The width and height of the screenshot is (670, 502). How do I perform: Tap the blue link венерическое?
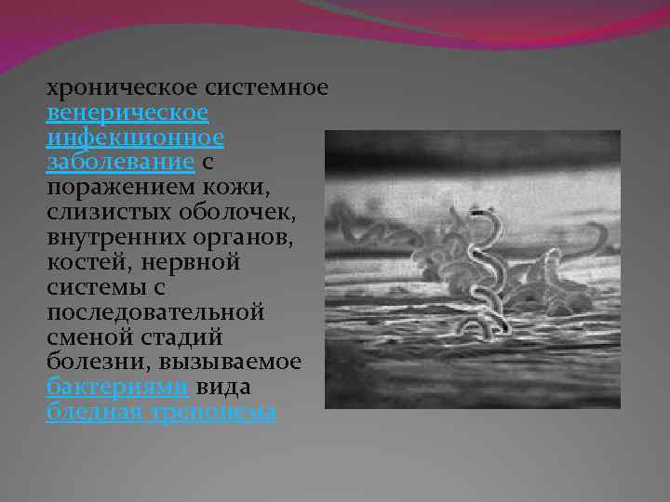(x=127, y=113)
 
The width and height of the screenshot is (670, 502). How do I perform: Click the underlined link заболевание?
(x=120, y=164)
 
